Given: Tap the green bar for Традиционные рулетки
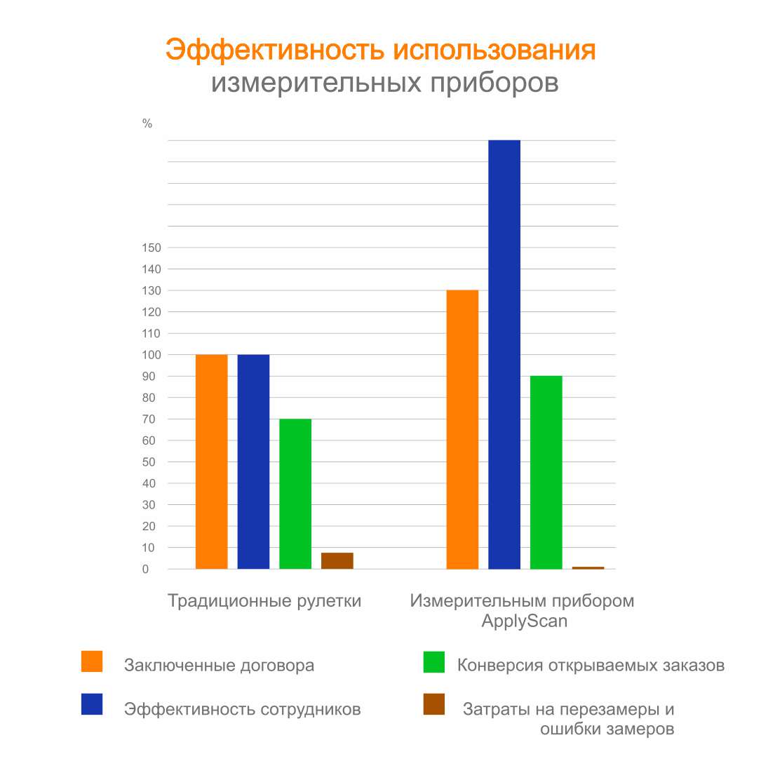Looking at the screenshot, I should point(295,494).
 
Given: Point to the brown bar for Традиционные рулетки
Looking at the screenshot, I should point(337,560).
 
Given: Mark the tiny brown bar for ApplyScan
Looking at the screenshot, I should point(588,567).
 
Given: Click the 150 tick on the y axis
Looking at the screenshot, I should point(151,248).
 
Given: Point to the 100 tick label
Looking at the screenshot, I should point(151,355).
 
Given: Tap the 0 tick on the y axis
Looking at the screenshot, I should point(146,570).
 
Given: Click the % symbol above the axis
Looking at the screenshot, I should point(147,123).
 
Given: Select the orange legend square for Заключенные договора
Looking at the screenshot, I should point(92,661).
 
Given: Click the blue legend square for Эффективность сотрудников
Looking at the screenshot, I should point(92,704).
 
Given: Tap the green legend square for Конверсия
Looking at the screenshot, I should point(434,661).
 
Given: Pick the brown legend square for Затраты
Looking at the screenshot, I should point(434,704).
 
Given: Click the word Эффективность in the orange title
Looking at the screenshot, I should point(275,50).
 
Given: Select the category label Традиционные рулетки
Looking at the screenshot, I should point(264,601).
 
